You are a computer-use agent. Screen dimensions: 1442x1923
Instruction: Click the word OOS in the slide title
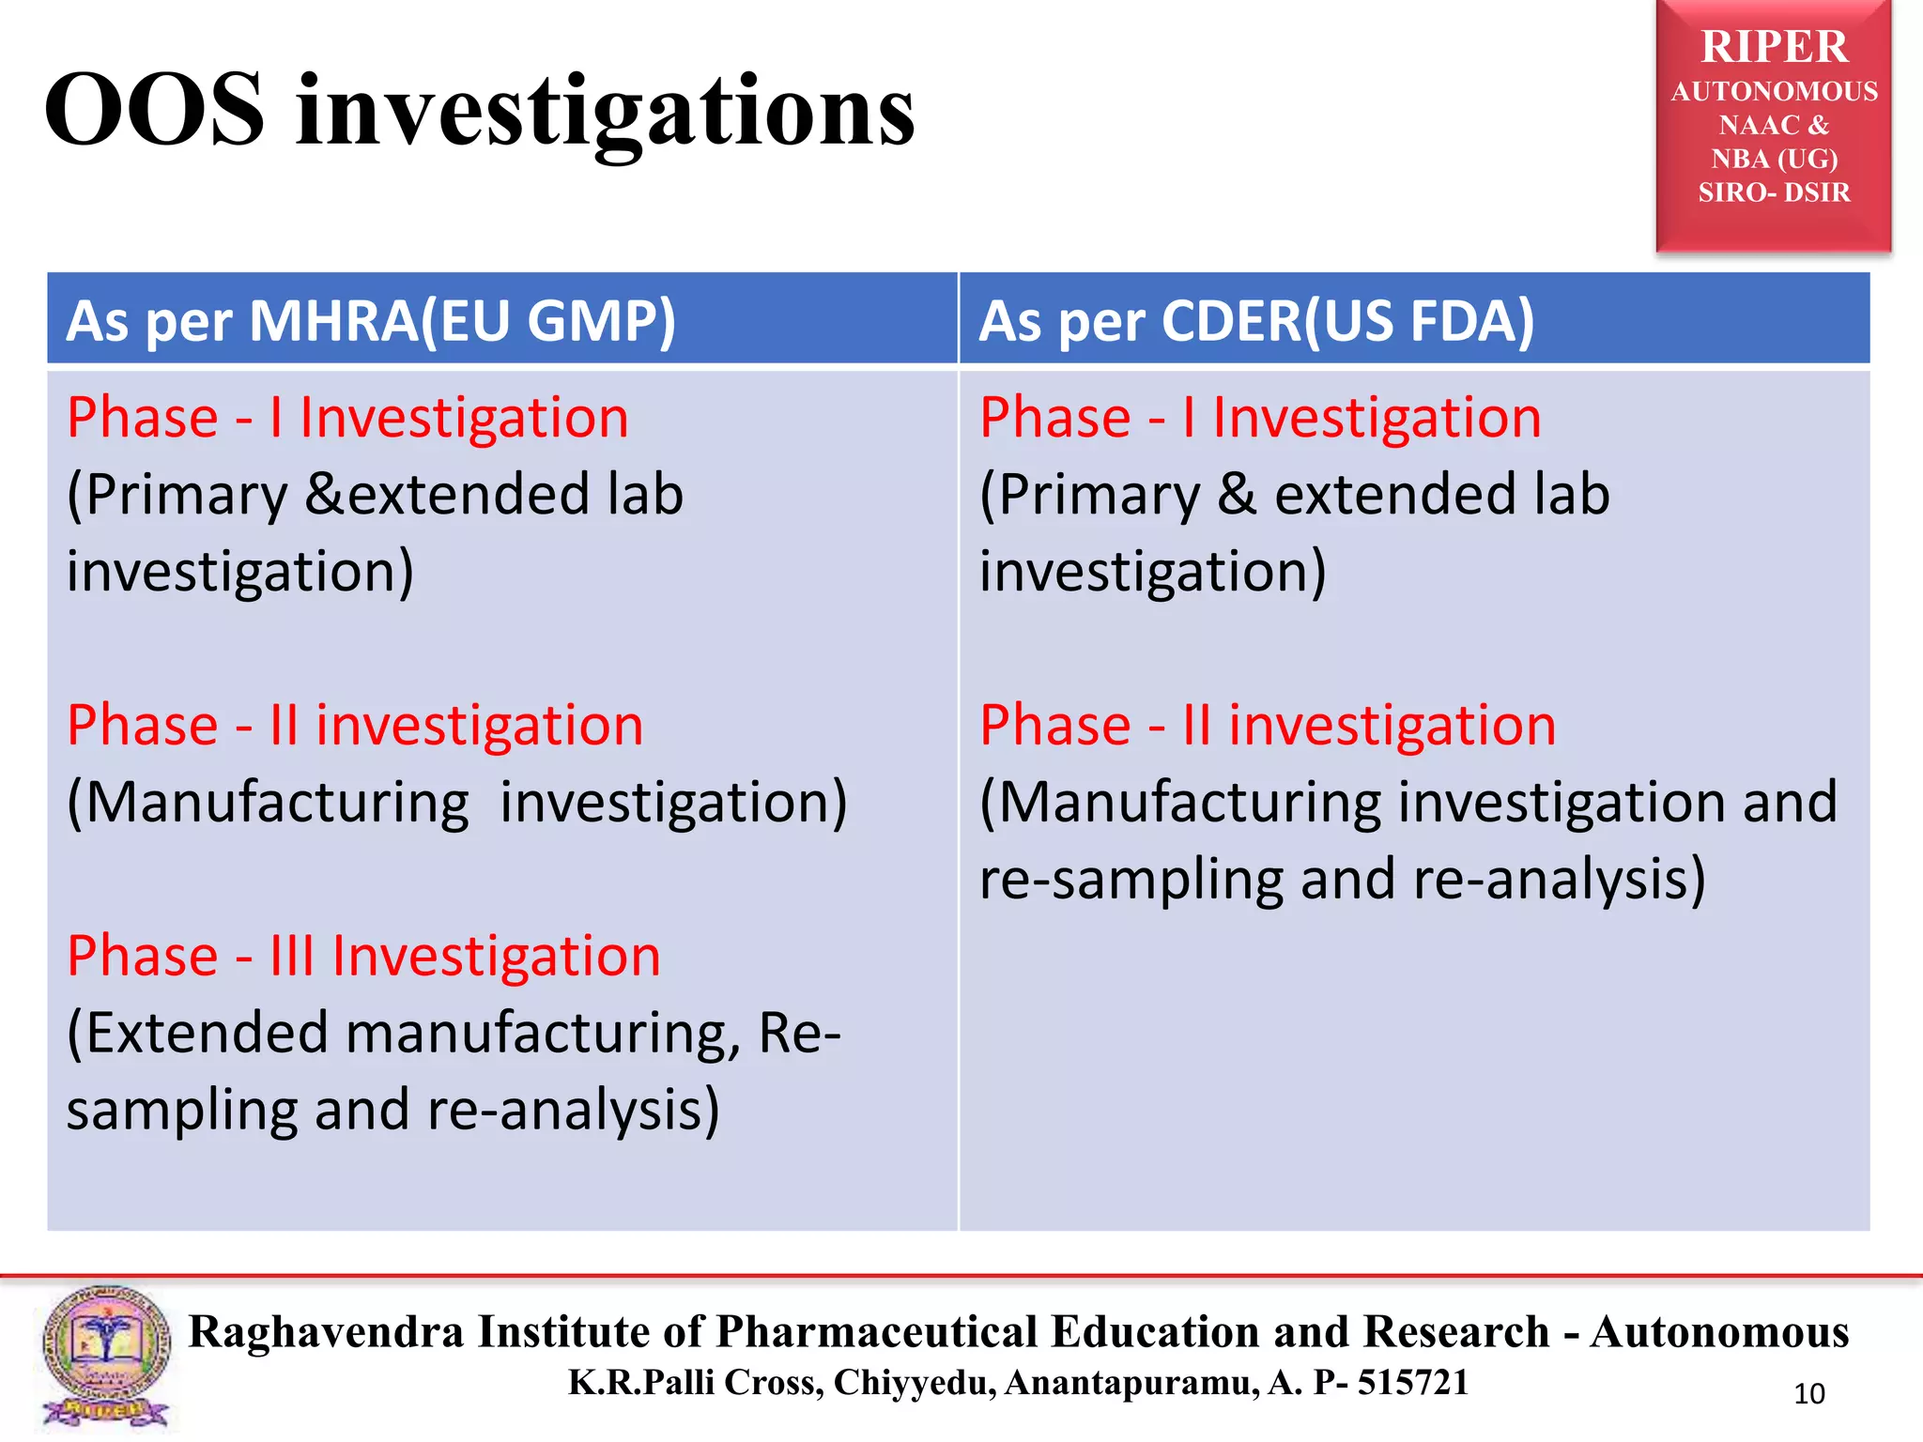[x=155, y=111]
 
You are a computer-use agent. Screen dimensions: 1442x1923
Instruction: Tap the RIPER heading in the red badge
[x=1774, y=47]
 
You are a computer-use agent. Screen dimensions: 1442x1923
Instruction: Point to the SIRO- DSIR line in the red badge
[x=1774, y=192]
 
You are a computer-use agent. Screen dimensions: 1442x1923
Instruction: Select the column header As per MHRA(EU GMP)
[x=371, y=321]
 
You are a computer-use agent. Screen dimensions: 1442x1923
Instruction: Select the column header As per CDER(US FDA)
[x=1256, y=321]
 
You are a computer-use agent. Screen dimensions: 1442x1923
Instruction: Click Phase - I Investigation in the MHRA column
[x=347, y=418]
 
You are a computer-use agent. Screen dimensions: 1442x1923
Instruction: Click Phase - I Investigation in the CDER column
[x=1260, y=418]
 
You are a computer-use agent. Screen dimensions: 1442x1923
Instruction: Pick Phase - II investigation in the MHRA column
[x=355, y=726]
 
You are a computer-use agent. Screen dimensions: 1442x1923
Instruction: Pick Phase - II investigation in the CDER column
[x=1268, y=726]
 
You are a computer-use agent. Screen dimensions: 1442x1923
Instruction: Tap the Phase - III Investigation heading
[x=363, y=957]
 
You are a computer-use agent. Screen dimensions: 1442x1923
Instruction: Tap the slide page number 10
[x=1808, y=1394]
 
